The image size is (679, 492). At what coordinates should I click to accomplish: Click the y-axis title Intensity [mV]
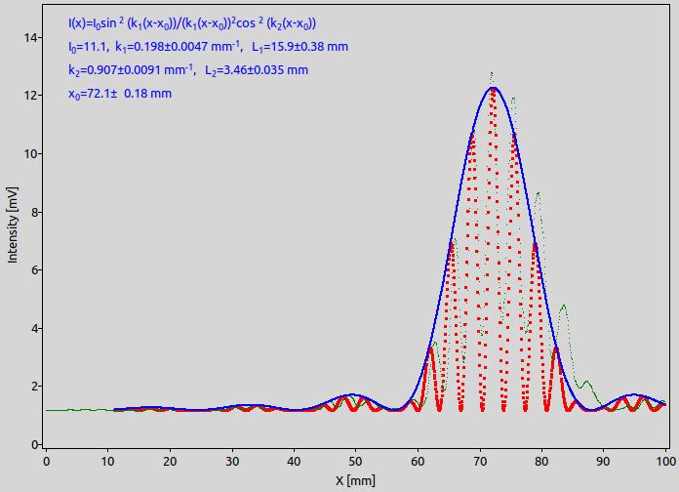pos(13,225)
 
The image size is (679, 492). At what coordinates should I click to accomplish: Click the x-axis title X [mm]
pos(355,480)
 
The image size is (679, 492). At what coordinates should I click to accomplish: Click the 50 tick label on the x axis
pos(355,461)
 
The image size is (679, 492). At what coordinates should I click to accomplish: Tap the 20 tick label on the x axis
pos(170,461)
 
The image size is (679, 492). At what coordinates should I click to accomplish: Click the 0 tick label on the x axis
pos(46,461)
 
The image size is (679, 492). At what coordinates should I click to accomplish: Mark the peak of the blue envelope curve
pos(494,88)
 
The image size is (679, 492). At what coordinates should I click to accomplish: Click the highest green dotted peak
pos(492,73)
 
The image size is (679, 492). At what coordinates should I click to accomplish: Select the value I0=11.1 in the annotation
pos(88,47)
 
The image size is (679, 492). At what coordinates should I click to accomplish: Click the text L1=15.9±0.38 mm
pos(300,47)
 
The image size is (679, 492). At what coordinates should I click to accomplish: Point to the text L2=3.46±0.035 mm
pos(257,70)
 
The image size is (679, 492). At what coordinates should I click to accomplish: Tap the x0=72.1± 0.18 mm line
pos(120,94)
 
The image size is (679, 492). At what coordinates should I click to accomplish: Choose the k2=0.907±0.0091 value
pos(131,70)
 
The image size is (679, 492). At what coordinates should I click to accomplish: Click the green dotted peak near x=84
pos(563,306)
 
